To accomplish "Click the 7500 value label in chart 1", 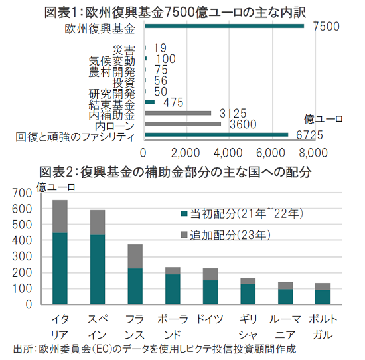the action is pyautogui.click(x=326, y=26).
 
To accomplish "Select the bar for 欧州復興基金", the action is pyautogui.click(x=224, y=26).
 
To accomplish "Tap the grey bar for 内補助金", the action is pyautogui.click(x=178, y=113).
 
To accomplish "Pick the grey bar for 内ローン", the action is pyautogui.click(x=183, y=124).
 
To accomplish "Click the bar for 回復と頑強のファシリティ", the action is pyautogui.click(x=216, y=135).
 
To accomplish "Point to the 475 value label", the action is pyautogui.click(x=173, y=102).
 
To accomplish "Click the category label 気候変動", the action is pyautogui.click(x=111, y=61).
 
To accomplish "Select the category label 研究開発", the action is pyautogui.click(x=111, y=94).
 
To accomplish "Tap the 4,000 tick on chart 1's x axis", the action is pyautogui.click(x=228, y=153).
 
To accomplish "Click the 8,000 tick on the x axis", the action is pyautogui.click(x=313, y=153).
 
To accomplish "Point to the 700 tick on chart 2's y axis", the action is pyautogui.click(x=22, y=193).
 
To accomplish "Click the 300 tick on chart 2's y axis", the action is pyautogui.click(x=22, y=256).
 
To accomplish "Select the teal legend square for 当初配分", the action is pyautogui.click(x=184, y=213).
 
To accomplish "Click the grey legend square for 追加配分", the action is pyautogui.click(x=184, y=234).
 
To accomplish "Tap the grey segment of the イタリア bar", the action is pyautogui.click(x=60, y=217).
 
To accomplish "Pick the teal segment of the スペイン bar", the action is pyautogui.click(x=98, y=270).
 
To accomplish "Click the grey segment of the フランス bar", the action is pyautogui.click(x=135, y=256).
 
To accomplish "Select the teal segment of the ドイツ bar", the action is pyautogui.click(x=210, y=292).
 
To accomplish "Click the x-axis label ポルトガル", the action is pyautogui.click(x=323, y=327).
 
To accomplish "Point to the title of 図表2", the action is pyautogui.click(x=175, y=173).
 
